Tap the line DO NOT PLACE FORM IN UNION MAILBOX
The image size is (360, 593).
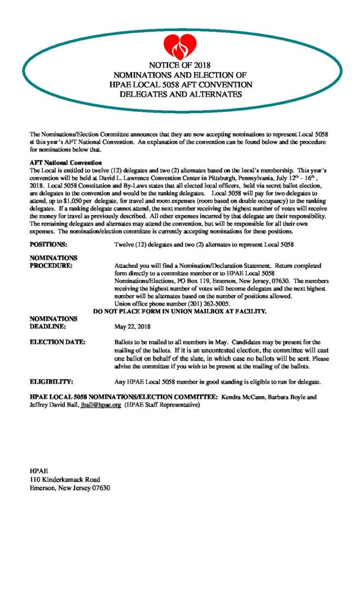pos(179,311)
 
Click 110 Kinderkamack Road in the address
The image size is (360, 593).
pos(65,479)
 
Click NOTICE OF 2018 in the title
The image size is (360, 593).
pos(179,65)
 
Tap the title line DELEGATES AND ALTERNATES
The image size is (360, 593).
pos(181,94)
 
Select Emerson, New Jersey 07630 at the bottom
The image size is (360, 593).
pos(70,488)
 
